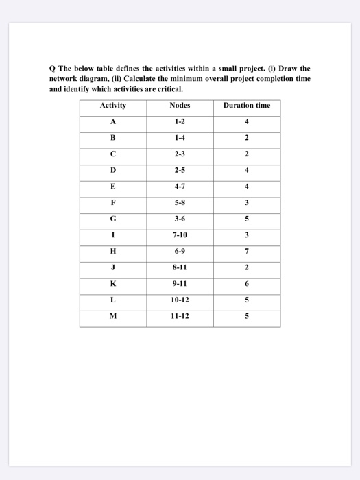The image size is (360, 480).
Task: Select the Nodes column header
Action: pos(180,106)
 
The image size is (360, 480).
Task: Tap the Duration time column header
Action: pos(247,106)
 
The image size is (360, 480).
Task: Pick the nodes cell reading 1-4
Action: pos(180,139)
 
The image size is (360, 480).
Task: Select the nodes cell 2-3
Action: pos(180,155)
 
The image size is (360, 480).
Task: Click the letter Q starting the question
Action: pos(51,69)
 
